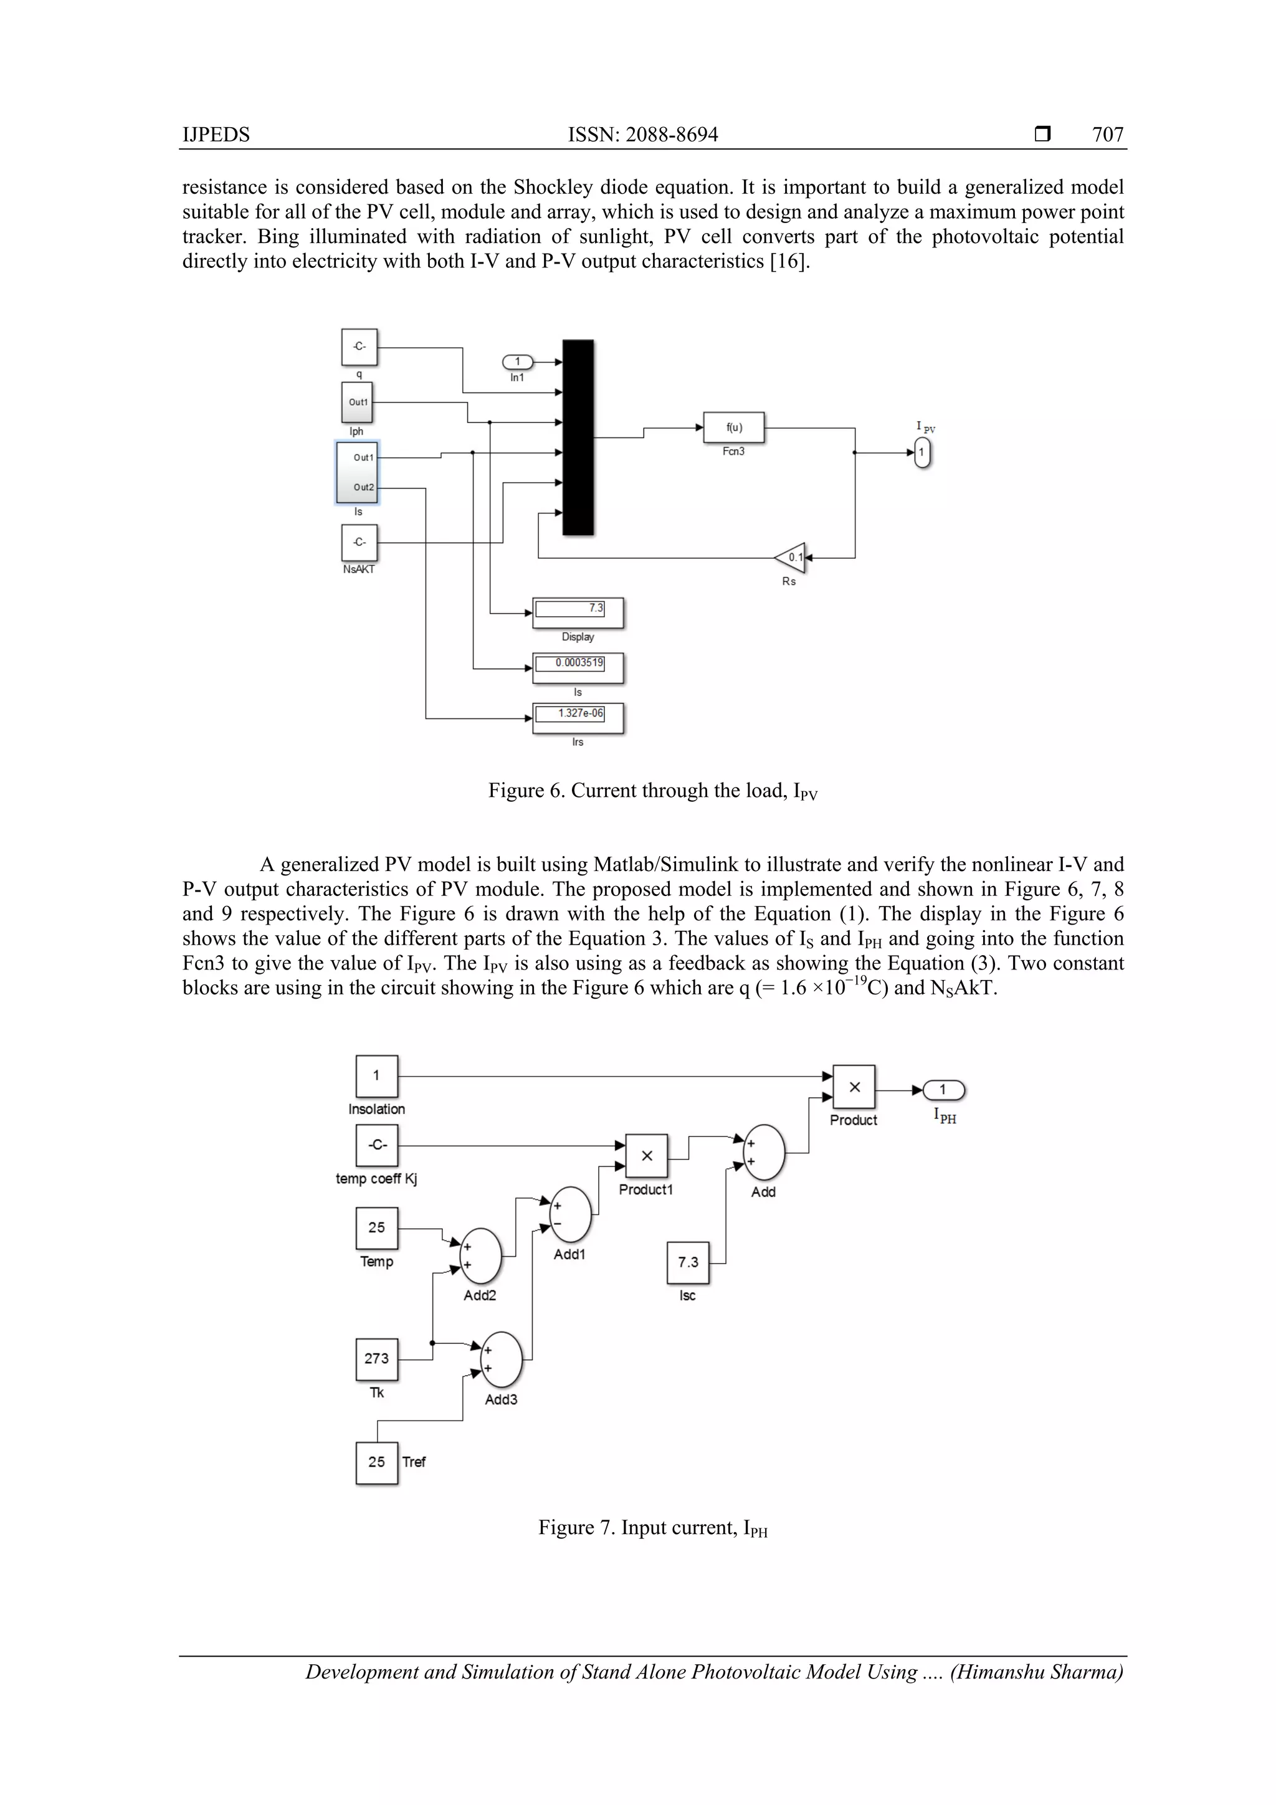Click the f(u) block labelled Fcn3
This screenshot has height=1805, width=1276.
(733, 427)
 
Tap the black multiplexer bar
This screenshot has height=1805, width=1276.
(578, 437)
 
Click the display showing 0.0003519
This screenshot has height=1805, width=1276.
(578, 667)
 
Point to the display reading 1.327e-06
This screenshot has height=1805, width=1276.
(578, 717)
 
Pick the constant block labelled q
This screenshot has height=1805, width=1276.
(359, 346)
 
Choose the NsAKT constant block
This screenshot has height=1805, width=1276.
(359, 543)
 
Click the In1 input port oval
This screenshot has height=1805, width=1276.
(517, 361)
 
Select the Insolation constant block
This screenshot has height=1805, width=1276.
(376, 1075)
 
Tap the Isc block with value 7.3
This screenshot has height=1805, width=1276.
(688, 1262)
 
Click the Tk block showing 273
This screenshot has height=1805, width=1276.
(376, 1358)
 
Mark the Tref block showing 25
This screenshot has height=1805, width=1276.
(376, 1462)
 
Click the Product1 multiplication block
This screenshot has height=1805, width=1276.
(646, 1156)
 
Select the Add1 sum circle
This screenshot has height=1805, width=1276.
(570, 1214)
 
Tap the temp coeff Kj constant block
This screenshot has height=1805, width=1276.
(376, 1145)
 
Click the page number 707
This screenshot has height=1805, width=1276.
(1107, 135)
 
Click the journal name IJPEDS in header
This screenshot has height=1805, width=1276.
(216, 135)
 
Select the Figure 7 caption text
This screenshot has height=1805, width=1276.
(652, 1528)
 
